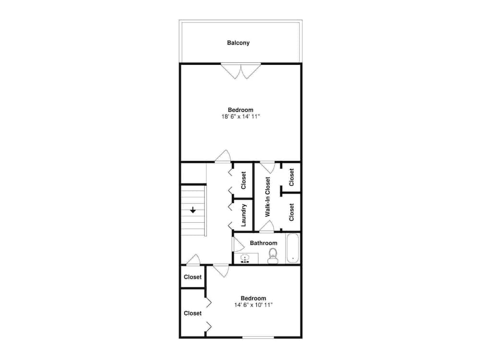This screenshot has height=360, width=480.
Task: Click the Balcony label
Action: point(238,43)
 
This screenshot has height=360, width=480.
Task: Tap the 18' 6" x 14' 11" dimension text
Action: point(240,117)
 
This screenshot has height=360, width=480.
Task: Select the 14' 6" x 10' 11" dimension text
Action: point(253,305)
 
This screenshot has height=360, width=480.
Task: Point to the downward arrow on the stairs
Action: point(193,210)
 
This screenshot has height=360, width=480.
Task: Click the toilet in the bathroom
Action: point(273,255)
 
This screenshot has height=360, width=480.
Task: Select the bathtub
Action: point(293,248)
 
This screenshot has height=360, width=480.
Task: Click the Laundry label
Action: point(244,215)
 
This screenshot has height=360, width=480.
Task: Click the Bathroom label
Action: point(264,243)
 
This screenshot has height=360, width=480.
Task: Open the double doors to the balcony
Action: point(240,71)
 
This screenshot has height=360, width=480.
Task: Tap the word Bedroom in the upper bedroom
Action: point(240,110)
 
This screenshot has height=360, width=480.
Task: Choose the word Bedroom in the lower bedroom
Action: point(253,298)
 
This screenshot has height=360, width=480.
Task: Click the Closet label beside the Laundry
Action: point(243,180)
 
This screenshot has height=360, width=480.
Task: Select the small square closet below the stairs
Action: point(192,277)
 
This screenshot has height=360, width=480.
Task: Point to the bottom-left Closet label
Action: point(192,313)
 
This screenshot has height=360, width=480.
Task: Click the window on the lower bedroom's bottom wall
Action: point(258,337)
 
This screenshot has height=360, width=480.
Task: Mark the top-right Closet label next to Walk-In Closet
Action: point(291,177)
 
